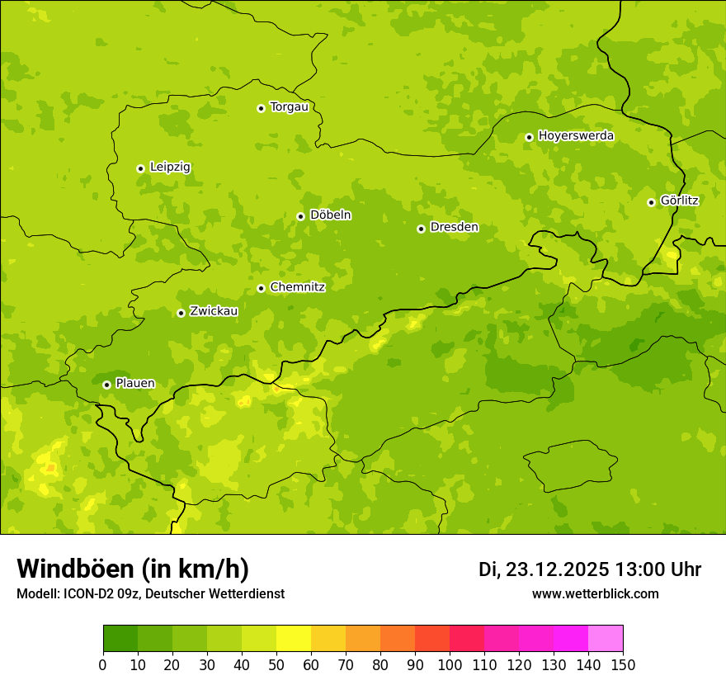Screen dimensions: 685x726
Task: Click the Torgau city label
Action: coord(289,107)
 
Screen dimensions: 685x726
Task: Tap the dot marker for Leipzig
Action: coord(140,168)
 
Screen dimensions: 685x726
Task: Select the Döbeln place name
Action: coord(330,215)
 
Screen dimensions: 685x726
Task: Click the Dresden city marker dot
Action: coord(421,229)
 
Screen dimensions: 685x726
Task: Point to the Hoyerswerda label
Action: coord(576,136)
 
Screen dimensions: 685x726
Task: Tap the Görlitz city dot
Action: coord(651,202)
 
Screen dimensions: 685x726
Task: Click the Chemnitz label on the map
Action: coord(297,287)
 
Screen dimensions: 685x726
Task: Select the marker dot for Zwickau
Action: coord(181,313)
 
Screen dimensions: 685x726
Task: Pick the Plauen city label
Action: coord(135,384)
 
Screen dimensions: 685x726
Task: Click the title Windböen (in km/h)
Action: coord(133,569)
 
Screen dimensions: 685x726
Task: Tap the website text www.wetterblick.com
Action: coord(595,593)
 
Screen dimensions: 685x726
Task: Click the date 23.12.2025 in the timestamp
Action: coord(557,569)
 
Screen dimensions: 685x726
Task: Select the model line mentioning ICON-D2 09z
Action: coord(150,593)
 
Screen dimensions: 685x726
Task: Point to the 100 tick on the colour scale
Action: coord(450,664)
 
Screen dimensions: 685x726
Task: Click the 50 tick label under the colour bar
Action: coord(276,664)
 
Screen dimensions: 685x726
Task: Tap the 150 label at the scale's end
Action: coord(623,664)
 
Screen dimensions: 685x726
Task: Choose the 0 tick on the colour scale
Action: coord(103,664)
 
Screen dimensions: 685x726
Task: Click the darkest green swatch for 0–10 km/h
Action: coord(120,639)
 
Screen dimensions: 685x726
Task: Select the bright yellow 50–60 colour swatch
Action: coord(294,639)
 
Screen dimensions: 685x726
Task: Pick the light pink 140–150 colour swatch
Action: coord(606,639)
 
